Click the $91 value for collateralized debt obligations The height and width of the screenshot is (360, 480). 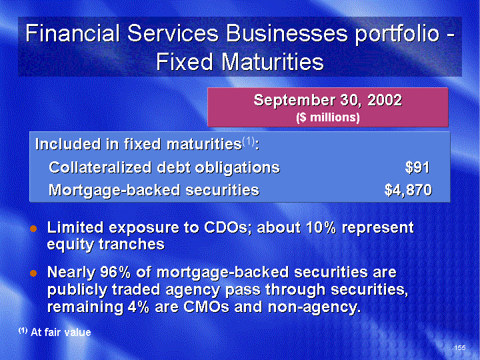(417, 168)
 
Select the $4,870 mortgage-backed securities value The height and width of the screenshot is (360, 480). (408, 190)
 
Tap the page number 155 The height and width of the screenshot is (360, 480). (460, 347)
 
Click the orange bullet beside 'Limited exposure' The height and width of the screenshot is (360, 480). (33, 229)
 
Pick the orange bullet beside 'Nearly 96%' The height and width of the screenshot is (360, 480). (33, 273)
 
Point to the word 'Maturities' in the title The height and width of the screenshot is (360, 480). (273, 62)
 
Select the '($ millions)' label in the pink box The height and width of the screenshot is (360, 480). (328, 117)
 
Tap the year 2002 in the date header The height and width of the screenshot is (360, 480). (385, 100)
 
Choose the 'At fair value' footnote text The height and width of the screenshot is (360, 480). (61, 333)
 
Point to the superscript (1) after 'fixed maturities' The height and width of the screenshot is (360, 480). (248, 141)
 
